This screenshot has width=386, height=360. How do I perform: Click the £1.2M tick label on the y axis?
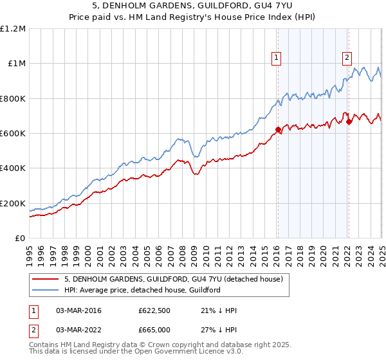coord(13,28)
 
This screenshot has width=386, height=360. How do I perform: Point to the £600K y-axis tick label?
coord(13,133)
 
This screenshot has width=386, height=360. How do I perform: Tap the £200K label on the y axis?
coord(13,203)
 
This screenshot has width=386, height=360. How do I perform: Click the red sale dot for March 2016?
coord(278,129)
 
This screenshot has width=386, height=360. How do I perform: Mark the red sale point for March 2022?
coord(348,122)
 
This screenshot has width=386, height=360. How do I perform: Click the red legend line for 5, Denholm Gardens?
coord(46,279)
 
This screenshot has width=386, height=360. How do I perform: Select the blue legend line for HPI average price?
coord(46,290)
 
